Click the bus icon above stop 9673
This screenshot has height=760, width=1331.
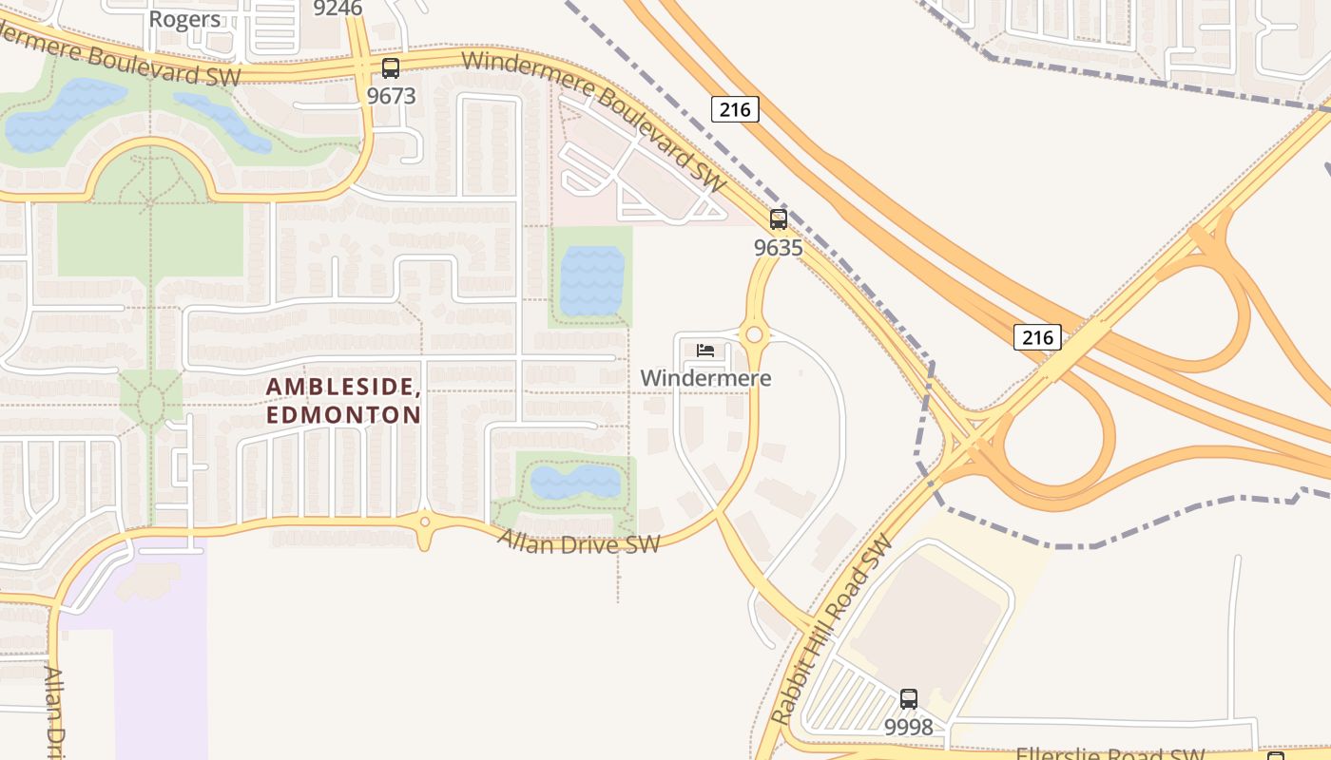tap(391, 68)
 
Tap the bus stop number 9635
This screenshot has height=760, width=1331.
tap(778, 248)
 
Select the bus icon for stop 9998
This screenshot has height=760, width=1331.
tap(909, 699)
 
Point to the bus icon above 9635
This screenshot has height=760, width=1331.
tap(779, 219)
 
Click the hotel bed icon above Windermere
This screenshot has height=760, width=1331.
tap(705, 351)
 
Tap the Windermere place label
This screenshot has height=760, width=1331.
tap(705, 378)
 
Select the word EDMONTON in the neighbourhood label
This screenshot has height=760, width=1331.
tap(344, 415)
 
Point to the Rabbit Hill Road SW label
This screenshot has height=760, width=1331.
tap(832, 630)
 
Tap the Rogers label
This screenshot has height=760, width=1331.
tap(184, 19)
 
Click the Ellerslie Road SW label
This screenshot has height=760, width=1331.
tap(1110, 753)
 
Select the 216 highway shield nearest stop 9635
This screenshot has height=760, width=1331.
tap(735, 109)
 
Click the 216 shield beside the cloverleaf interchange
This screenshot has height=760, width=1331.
tap(1037, 336)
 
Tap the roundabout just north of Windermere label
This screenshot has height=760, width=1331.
tap(755, 334)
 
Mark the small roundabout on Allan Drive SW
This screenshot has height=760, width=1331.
tap(424, 522)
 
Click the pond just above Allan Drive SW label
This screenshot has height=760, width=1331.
tap(575, 482)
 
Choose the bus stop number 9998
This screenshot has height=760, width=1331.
tap(909, 728)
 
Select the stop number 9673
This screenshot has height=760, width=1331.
tap(391, 96)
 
